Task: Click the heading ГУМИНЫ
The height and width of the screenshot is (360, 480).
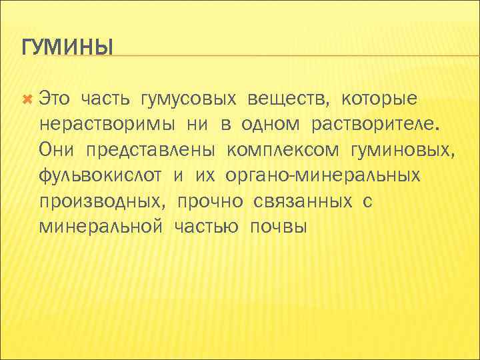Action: pyautogui.click(x=67, y=48)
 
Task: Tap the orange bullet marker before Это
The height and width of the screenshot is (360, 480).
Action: pyautogui.click(x=27, y=99)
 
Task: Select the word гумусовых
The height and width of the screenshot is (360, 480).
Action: pyautogui.click(x=188, y=99)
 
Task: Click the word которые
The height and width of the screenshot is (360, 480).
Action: pyautogui.click(x=380, y=99)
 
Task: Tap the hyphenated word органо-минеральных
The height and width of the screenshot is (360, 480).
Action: pyautogui.click(x=322, y=176)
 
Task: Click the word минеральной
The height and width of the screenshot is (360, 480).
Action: pyautogui.click(x=101, y=227)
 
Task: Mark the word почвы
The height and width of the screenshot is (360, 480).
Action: pyautogui.click(x=278, y=227)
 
